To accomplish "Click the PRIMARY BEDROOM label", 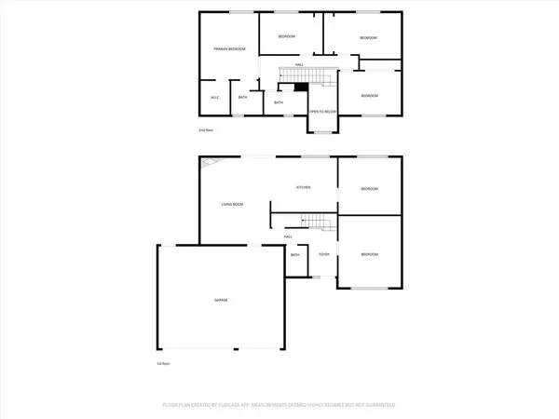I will (228, 48).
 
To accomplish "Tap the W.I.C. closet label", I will (214, 97).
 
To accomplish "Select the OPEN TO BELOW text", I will (322, 111).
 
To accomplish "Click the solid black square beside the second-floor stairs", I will (300, 87).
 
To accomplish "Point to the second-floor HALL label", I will (299, 63).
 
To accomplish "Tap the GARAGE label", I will (223, 300).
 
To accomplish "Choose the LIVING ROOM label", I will (232, 203).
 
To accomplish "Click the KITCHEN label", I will (303, 187).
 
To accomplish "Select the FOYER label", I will (324, 254).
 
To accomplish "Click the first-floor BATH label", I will (295, 254).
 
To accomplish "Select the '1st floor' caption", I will (162, 363).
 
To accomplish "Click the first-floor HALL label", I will (289, 237).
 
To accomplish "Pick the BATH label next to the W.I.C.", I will (242, 97).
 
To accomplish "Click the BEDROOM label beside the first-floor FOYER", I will (370, 254).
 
